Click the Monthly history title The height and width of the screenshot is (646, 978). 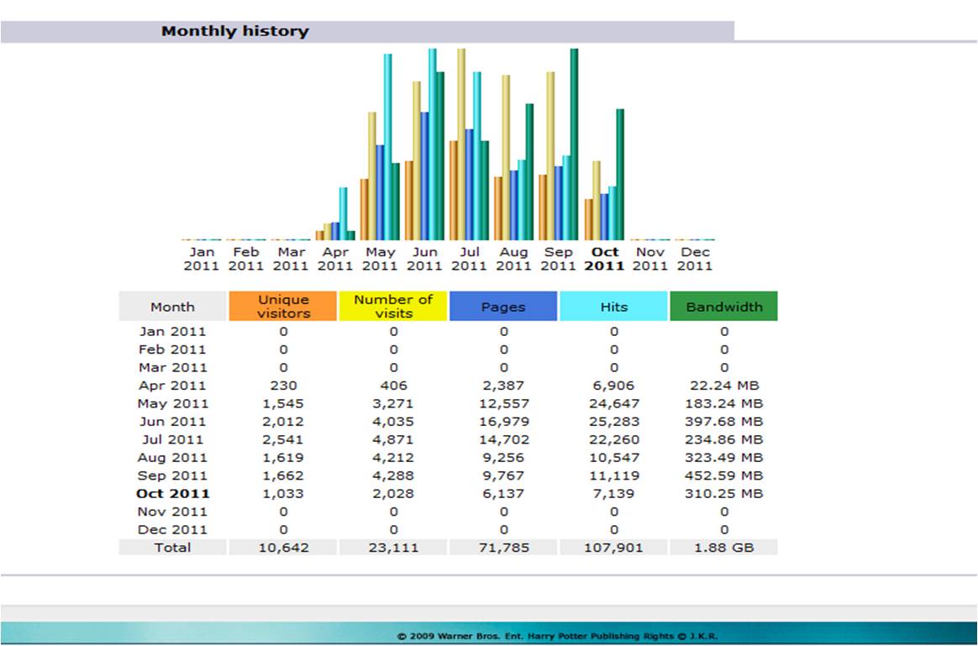click(x=235, y=32)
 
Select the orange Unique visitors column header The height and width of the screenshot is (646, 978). click(x=283, y=307)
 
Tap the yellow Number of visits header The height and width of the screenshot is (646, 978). click(x=392, y=307)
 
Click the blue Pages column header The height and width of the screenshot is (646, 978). click(x=503, y=307)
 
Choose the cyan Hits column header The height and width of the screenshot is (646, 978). click(x=613, y=307)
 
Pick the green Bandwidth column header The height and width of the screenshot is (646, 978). click(x=723, y=307)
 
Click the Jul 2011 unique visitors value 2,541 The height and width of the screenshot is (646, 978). click(x=283, y=439)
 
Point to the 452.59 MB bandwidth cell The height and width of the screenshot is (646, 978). click(x=723, y=475)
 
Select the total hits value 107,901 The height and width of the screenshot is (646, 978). click(x=613, y=548)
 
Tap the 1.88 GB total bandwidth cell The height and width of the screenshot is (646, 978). click(x=723, y=548)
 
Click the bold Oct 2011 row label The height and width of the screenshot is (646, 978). click(x=172, y=494)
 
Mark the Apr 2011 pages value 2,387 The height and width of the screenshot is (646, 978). click(x=503, y=386)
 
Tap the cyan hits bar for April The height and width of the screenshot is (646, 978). click(x=343, y=214)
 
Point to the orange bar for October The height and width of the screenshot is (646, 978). click(x=589, y=219)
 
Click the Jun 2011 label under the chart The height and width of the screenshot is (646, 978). click(x=424, y=259)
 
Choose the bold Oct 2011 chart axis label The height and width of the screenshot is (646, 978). click(x=605, y=259)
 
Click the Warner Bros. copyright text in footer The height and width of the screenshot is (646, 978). click(x=557, y=636)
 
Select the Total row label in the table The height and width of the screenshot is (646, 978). click(x=172, y=548)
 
